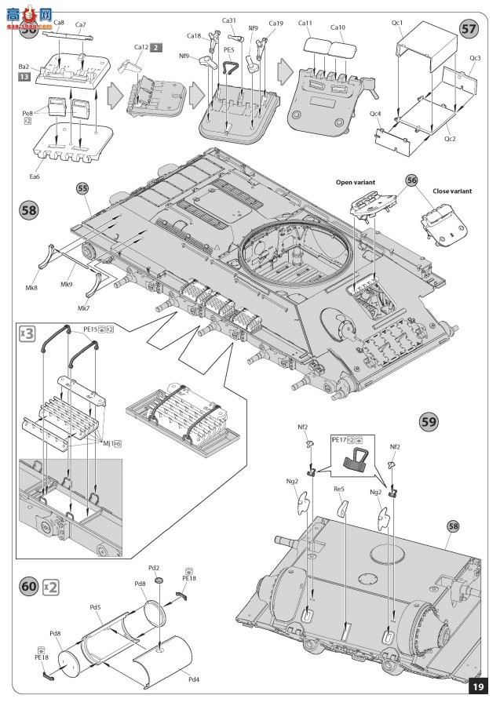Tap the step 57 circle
(468, 29)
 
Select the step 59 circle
(429, 420)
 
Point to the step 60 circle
(29, 586)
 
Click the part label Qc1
(398, 23)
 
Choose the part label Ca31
(229, 20)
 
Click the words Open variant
(356, 182)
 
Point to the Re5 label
(340, 488)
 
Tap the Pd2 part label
(154, 567)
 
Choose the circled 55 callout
(82, 188)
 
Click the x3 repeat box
(27, 333)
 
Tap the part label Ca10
(338, 27)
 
